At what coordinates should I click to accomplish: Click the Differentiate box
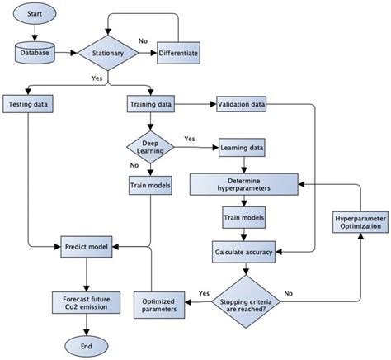[x=178, y=54]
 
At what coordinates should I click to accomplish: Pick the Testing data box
[x=29, y=105]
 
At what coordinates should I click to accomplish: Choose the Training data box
[x=151, y=105]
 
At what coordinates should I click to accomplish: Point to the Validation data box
[x=243, y=105]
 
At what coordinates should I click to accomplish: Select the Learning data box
[x=243, y=149]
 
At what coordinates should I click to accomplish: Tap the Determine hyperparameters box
[x=243, y=185]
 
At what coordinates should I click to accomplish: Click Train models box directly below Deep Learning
[x=151, y=186]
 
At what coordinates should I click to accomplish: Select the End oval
[x=87, y=344]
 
